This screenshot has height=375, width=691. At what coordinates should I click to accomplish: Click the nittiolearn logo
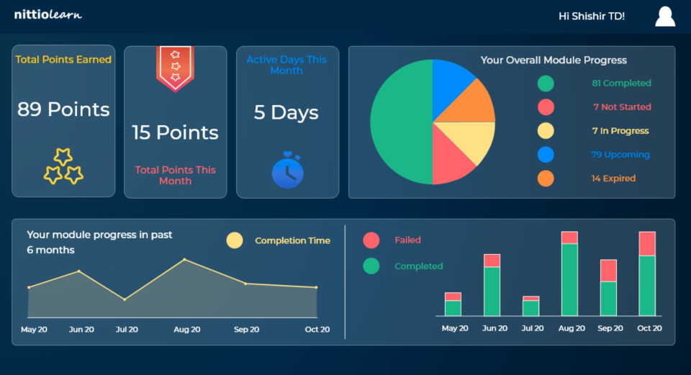tap(48, 14)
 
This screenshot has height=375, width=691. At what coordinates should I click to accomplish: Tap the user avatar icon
tap(665, 16)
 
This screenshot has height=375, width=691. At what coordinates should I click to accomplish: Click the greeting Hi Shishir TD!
tap(591, 16)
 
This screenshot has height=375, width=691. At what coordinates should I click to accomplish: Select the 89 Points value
tap(63, 109)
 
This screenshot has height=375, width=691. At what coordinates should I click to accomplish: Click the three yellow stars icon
tap(63, 166)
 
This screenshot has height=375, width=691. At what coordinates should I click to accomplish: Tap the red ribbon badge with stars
tap(175, 68)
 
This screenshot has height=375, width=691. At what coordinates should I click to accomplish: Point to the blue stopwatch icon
tap(287, 171)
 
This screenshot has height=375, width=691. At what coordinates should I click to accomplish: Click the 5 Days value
tap(286, 112)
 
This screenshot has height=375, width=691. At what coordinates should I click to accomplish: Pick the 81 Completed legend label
tap(621, 83)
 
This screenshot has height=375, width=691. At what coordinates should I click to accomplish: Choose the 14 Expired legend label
tap(613, 179)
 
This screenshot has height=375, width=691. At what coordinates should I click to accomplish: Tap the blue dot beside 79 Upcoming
tap(546, 155)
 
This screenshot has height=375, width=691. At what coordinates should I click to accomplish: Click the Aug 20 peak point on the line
tap(184, 259)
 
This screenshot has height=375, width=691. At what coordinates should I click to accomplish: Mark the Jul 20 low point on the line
tap(125, 299)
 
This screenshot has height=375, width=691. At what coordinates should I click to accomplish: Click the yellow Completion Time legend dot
tap(235, 240)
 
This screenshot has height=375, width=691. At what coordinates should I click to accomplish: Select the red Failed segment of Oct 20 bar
tap(647, 243)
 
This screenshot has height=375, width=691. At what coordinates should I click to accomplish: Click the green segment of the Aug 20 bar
tap(569, 279)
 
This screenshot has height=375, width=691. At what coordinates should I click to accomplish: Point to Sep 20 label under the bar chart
tap(610, 328)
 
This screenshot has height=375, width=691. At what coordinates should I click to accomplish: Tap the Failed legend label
tap(407, 240)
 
